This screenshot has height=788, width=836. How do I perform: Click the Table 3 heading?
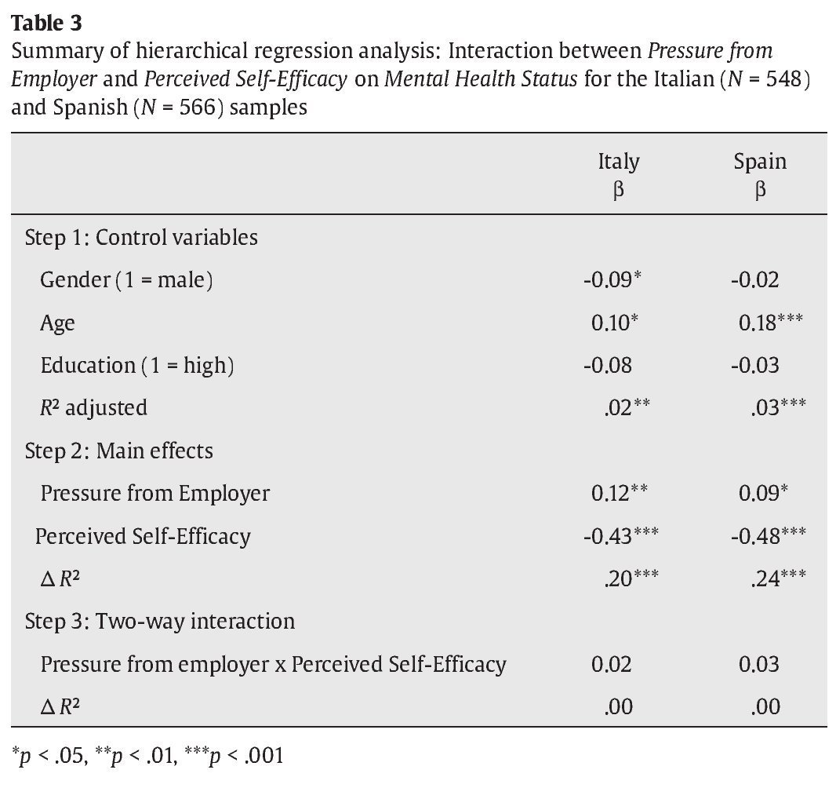coord(46,23)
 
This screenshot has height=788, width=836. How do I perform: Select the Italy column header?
coord(618,162)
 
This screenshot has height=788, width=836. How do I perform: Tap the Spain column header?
coord(759,162)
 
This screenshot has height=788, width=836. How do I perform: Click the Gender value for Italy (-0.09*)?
coord(612,280)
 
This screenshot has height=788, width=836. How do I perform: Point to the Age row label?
coord(57,323)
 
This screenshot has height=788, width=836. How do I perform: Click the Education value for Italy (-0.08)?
coord(607,365)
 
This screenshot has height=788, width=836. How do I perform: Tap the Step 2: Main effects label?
coord(118,451)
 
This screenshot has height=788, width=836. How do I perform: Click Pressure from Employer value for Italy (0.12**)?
coord(619,493)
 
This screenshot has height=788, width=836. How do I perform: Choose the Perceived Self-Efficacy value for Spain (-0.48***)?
coord(768,536)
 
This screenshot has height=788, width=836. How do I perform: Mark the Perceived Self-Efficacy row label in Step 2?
coord(143,536)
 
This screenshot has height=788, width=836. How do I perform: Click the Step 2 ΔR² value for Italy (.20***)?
coord(631,578)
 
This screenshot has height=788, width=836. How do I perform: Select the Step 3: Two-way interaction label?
coord(160,621)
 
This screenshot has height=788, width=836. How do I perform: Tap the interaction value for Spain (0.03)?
coord(758,664)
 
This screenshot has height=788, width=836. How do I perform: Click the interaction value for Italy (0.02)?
coord(611,664)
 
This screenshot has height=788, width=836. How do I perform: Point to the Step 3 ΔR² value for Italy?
coord(618,706)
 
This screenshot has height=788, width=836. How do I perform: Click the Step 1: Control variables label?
coord(141,237)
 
